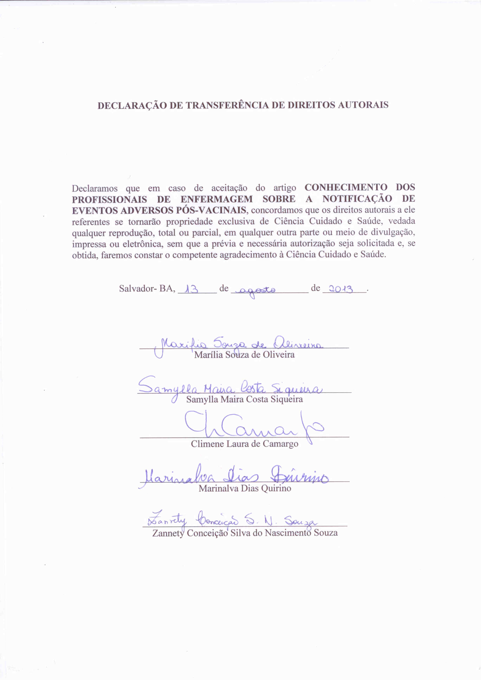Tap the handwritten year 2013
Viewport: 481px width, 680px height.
tap(341, 289)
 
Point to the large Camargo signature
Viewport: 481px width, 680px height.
tap(252, 427)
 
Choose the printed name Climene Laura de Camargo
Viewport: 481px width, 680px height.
tap(244, 444)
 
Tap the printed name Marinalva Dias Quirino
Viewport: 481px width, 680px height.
tap(245, 488)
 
